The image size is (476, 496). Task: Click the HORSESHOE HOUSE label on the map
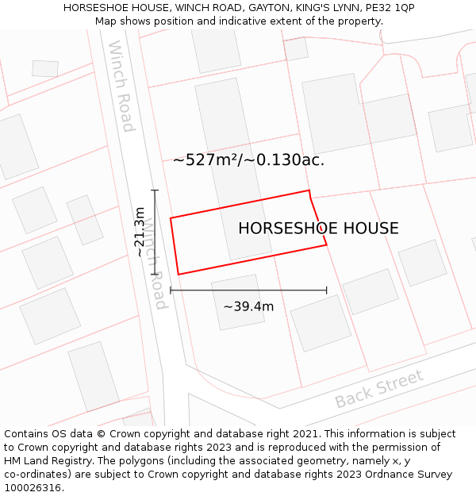[318, 229]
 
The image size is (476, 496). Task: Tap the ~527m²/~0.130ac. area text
[248, 160]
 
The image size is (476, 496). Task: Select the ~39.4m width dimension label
[248, 306]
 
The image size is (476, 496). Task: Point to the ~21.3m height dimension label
[140, 232]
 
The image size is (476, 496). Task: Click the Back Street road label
[379, 389]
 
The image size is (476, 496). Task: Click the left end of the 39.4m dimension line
[171, 290]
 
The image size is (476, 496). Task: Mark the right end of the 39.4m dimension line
[326, 290]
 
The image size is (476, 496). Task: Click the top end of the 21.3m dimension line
[155, 190]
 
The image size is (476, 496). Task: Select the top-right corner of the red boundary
[309, 190]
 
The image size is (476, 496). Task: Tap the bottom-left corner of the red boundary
[178, 275]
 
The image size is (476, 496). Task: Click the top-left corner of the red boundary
[171, 217]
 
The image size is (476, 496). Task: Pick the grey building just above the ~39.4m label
[238, 302]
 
